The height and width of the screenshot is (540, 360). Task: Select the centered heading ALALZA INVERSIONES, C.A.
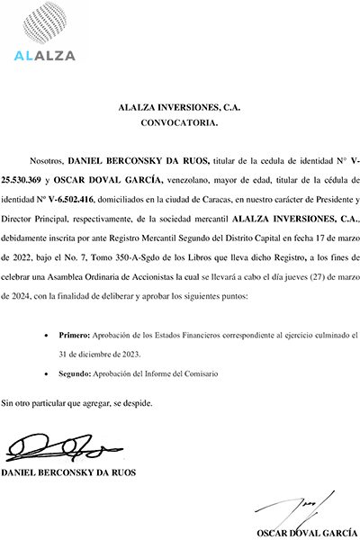click(180, 106)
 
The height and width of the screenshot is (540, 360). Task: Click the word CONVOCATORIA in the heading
click(180, 120)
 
